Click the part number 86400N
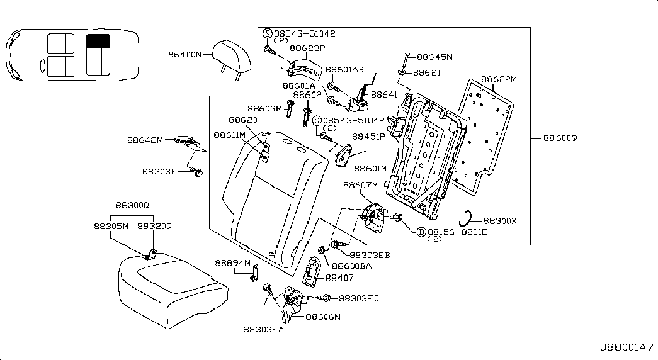[184, 55]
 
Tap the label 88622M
[499, 79]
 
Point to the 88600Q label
[558, 137]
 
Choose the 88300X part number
[500, 221]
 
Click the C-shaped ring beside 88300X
[466, 217]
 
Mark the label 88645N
[434, 57]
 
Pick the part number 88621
[426, 73]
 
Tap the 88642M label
[145, 140]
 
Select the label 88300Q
[132, 205]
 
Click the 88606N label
[323, 317]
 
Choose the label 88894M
[232, 263]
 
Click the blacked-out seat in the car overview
[98, 41]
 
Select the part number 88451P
[369, 136]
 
